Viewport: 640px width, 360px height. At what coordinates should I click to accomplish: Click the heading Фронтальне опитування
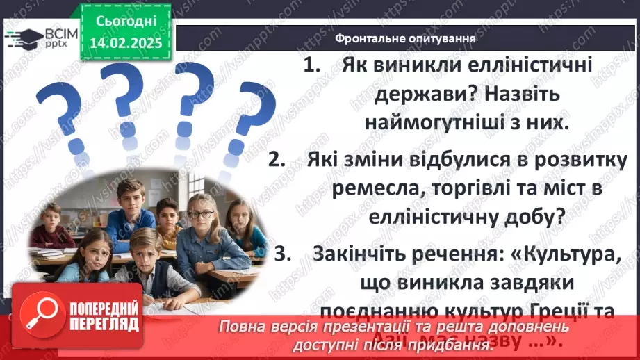(404, 38)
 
